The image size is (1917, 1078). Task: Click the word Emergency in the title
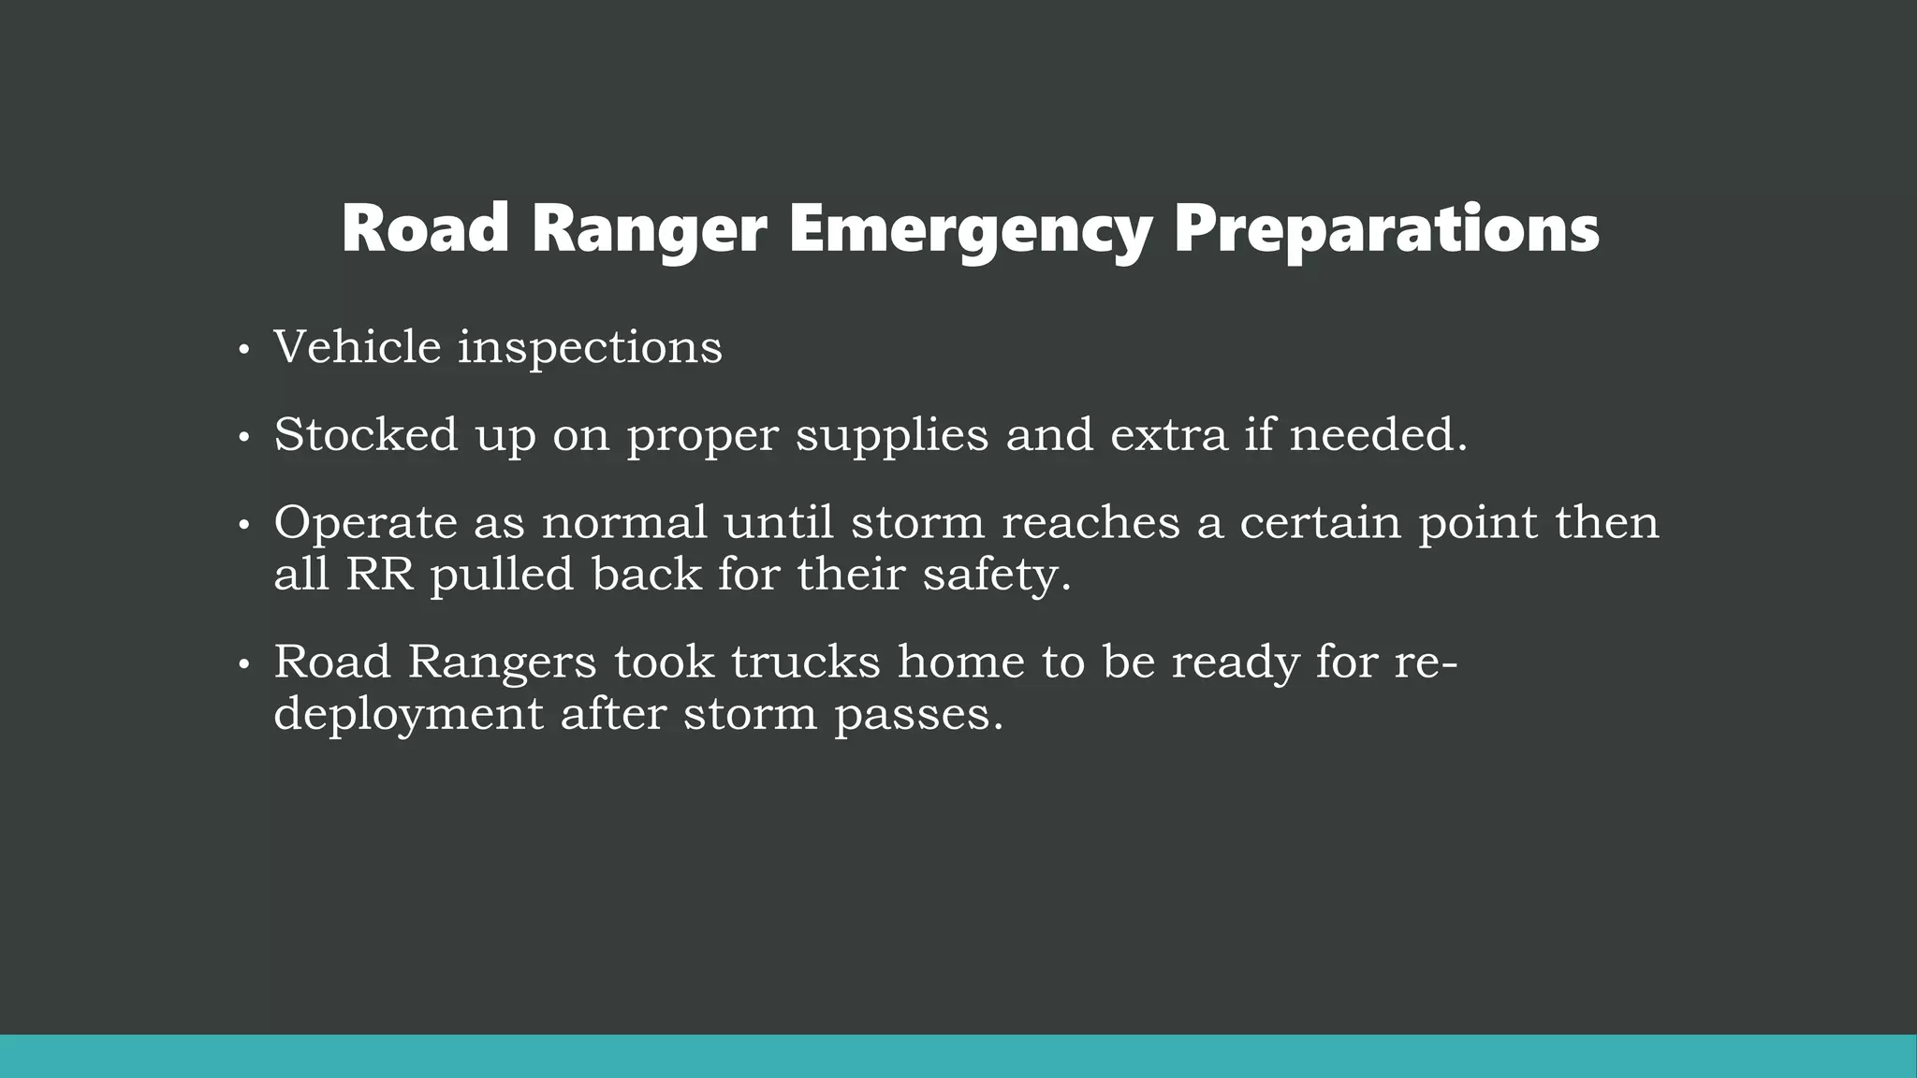[970, 229]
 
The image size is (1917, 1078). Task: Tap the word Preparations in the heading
[1386, 229]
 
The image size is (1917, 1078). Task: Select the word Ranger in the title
[650, 229]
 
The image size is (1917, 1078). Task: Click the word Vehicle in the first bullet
[357, 347]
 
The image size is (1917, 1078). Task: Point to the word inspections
[590, 349]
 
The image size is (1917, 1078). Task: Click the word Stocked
[366, 434]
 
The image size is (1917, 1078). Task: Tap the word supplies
[891, 436]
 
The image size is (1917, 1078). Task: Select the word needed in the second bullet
[1377, 434]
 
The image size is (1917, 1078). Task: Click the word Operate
[365, 523]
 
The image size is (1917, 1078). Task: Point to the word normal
[624, 522]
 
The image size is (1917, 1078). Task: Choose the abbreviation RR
[380, 574]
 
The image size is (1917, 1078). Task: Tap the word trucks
[806, 662]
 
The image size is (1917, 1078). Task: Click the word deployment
[408, 715]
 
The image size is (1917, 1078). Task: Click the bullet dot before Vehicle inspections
[243, 351]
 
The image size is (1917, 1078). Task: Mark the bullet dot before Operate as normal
[243, 526]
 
